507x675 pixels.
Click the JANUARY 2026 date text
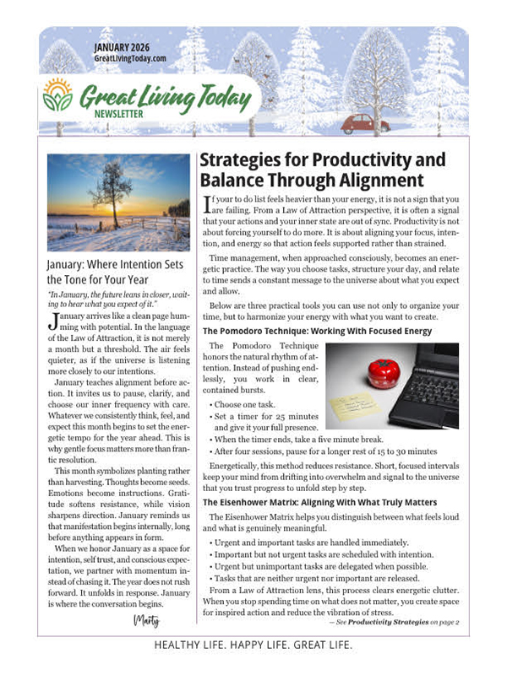tap(129, 46)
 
